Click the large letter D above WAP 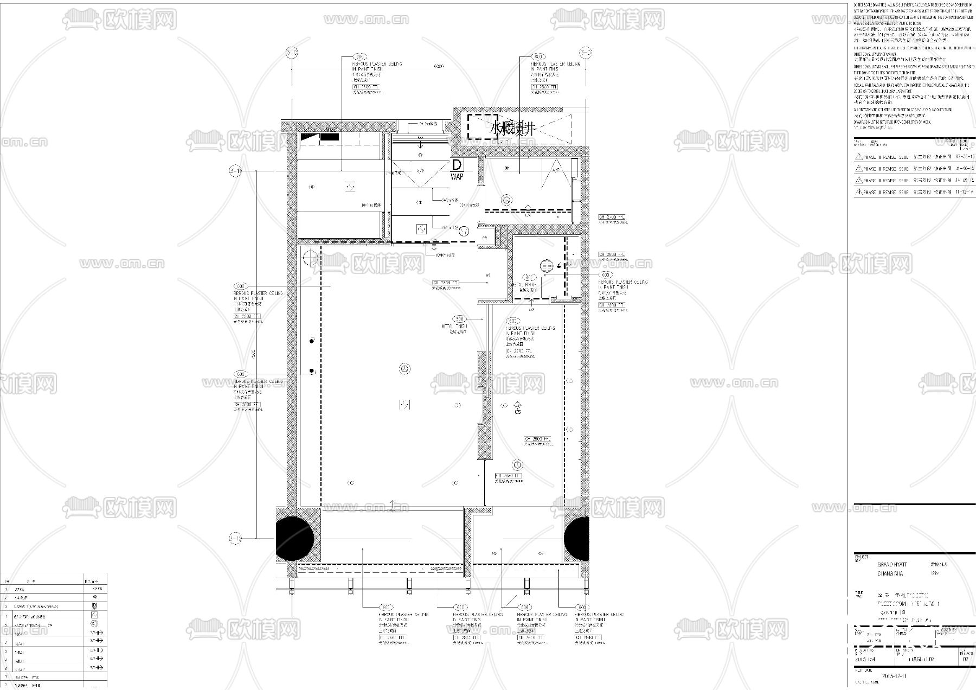[457, 165]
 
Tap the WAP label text [457, 177]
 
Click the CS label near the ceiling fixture [518, 412]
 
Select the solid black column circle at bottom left [295, 539]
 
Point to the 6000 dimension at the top [439, 67]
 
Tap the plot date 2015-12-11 [894, 676]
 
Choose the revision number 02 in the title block [965, 660]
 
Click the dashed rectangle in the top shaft [483, 127]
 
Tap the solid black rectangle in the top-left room [329, 137]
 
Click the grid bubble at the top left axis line [292, 53]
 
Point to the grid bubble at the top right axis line [586, 53]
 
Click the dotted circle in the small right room [546, 266]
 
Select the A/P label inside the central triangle [420, 171]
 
